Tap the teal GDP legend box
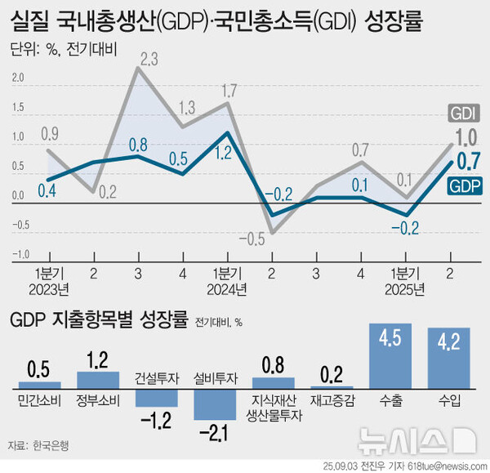point(465,187)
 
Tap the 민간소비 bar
point(40,383)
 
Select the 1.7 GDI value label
point(229,90)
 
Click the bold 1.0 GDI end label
point(467,137)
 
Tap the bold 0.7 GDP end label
point(467,161)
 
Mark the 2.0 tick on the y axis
point(18,79)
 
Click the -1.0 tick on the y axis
point(16,254)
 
